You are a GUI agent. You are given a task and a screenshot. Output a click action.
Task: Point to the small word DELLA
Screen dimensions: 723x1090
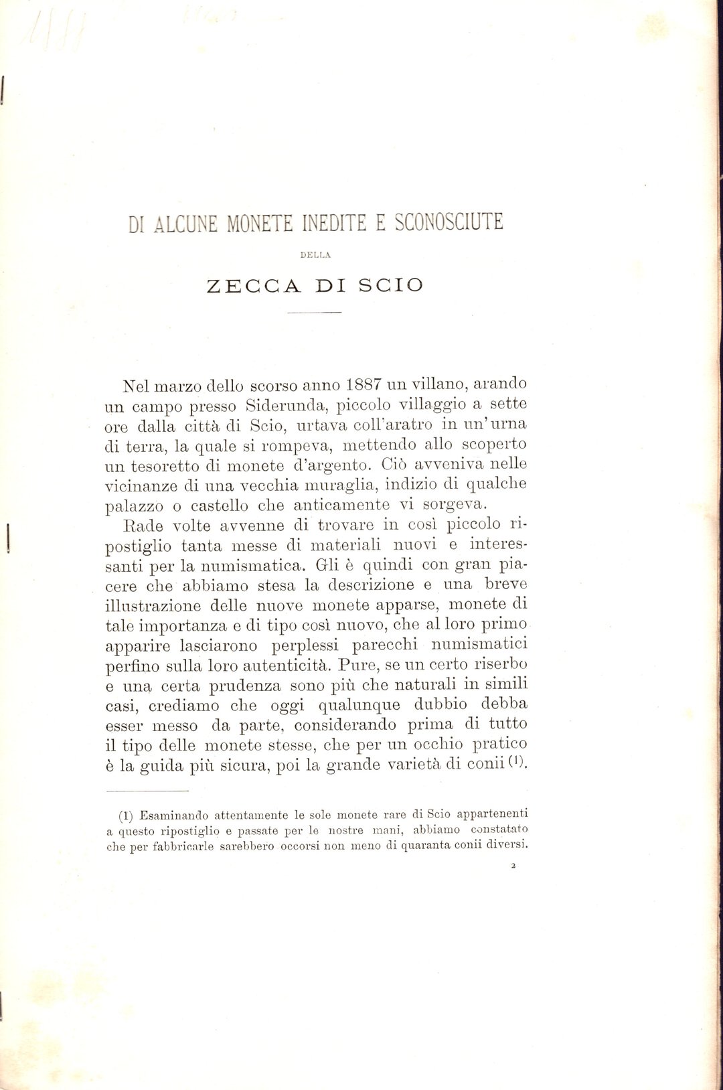[315, 254]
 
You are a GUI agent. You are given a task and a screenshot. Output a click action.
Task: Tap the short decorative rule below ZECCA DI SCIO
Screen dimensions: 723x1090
[315, 313]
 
